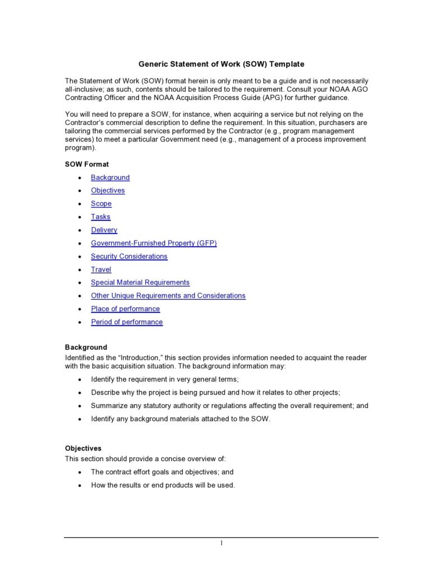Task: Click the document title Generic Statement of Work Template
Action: (221, 64)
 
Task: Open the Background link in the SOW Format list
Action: (110, 177)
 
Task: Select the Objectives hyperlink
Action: (108, 190)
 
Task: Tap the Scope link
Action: (101, 204)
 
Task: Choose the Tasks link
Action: (101, 217)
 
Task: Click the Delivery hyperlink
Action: (104, 230)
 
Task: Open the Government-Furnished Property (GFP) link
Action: (153, 243)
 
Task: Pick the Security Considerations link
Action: (129, 256)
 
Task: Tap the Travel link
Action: (101, 269)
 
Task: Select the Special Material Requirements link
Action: (140, 283)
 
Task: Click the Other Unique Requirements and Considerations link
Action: (168, 295)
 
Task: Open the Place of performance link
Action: (125, 309)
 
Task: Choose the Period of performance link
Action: (127, 322)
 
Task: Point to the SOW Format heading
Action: (87, 165)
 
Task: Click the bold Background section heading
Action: (86, 347)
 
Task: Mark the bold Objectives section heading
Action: (83, 449)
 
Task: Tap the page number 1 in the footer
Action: (221, 543)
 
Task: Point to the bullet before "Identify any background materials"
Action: (80, 419)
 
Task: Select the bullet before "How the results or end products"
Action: (80, 486)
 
